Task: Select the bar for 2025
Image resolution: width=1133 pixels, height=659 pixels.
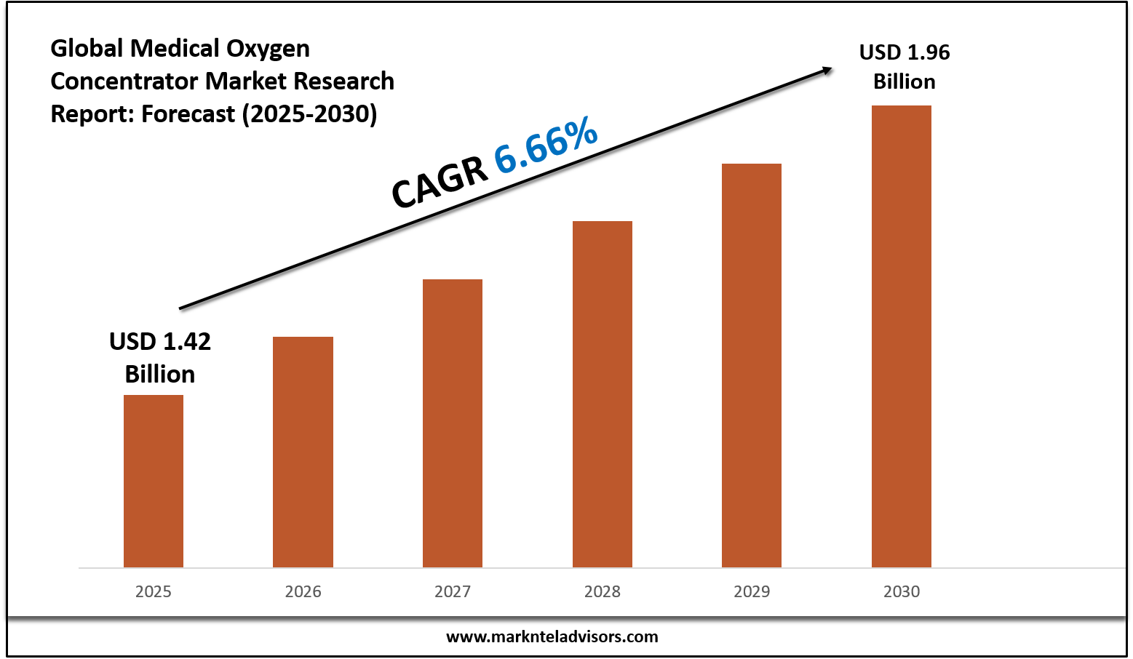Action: click(x=154, y=481)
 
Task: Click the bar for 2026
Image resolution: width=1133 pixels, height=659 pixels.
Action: click(x=303, y=452)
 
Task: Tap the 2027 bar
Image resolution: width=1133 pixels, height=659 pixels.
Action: click(x=453, y=423)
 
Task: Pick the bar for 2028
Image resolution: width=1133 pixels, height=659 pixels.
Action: click(x=603, y=394)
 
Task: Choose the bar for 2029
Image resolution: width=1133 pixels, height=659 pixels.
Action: click(x=752, y=365)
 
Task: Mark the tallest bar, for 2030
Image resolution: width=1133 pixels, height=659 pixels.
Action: click(x=902, y=336)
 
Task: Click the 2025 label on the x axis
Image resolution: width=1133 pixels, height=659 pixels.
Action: click(x=154, y=591)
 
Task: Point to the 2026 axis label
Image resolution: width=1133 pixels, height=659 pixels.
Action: click(x=303, y=591)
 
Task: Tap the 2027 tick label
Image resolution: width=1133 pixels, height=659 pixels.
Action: click(x=453, y=591)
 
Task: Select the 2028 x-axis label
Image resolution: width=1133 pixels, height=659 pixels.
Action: click(x=603, y=591)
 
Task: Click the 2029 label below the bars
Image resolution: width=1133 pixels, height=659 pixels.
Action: click(x=752, y=591)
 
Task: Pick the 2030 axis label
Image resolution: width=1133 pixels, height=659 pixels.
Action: click(x=902, y=591)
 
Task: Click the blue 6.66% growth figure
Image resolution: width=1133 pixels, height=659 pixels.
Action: click(x=546, y=148)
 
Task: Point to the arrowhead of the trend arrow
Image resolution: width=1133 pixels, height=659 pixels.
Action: click(x=827, y=70)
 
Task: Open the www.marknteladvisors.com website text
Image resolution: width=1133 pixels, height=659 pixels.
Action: click(x=552, y=636)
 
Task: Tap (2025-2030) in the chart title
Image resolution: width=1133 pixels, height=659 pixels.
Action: click(x=309, y=114)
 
